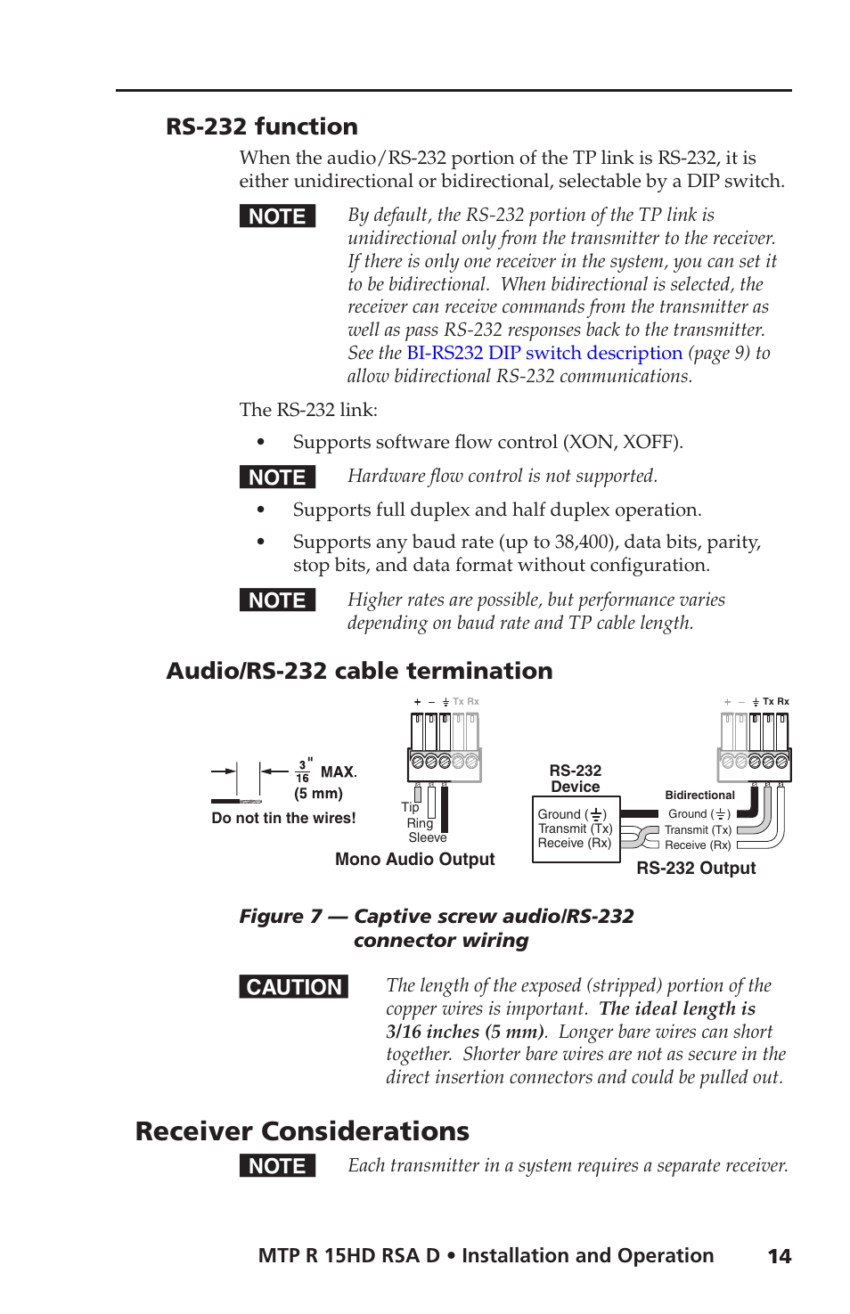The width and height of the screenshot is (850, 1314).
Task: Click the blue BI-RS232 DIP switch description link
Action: click(x=544, y=353)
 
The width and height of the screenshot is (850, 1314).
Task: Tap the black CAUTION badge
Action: click(x=293, y=987)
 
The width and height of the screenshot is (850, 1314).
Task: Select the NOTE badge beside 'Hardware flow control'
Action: click(x=277, y=477)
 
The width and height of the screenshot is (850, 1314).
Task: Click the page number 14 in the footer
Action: click(x=779, y=1256)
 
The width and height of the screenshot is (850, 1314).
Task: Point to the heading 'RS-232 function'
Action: click(x=262, y=127)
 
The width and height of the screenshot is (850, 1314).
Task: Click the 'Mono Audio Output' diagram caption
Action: click(x=414, y=859)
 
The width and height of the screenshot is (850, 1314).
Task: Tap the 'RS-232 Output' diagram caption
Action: click(x=695, y=868)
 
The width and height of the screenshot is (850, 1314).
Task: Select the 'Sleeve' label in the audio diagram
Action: click(x=427, y=837)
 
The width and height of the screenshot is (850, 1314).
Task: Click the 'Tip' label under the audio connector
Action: click(x=410, y=807)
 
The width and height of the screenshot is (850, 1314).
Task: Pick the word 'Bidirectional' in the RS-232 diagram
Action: click(x=699, y=795)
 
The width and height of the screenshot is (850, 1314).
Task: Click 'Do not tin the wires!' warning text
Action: click(x=283, y=818)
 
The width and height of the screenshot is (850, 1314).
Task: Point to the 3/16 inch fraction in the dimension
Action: click(x=303, y=771)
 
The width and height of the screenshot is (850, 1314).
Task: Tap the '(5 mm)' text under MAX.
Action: click(x=318, y=793)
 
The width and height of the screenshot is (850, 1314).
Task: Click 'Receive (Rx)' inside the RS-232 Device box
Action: click(x=574, y=843)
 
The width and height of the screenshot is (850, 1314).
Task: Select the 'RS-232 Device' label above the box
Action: click(x=575, y=779)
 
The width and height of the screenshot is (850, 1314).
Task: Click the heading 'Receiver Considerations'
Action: click(x=302, y=1131)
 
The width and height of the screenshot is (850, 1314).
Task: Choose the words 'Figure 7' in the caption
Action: click(x=280, y=916)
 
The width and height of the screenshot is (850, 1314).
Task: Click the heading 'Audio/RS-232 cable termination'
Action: click(x=359, y=671)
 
